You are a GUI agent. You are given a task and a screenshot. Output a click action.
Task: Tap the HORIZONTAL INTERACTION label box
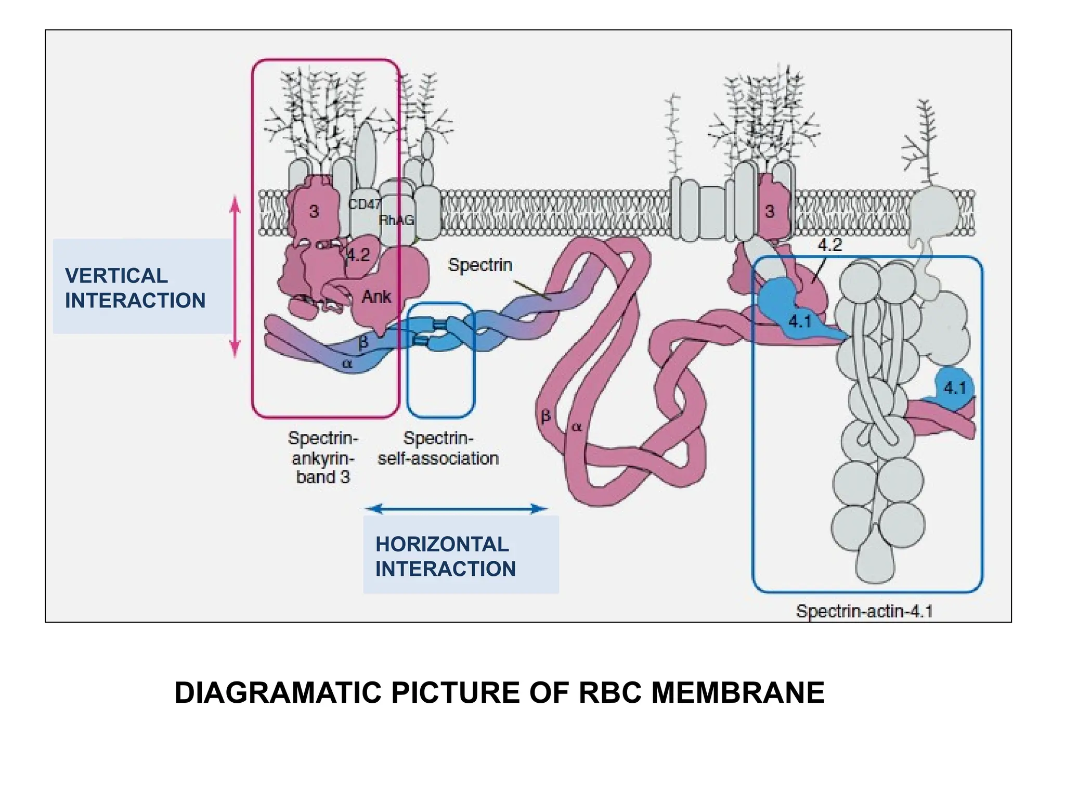tap(460, 555)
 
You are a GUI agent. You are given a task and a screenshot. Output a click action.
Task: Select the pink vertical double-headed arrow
tap(235, 276)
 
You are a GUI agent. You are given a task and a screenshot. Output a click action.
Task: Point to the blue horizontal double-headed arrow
tap(456, 508)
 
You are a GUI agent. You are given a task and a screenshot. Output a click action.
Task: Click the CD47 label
tap(364, 204)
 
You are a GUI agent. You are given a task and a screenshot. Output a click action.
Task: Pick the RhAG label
tap(397, 220)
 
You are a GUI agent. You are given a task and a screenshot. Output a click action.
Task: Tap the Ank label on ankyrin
tap(376, 297)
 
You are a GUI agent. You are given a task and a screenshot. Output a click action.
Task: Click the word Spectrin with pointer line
tap(480, 265)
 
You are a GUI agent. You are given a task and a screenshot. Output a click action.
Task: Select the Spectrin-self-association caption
tap(438, 448)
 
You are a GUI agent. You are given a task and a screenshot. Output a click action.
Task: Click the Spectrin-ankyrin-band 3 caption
tap(323, 457)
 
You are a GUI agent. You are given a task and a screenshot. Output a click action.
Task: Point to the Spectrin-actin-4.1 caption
tap(864, 611)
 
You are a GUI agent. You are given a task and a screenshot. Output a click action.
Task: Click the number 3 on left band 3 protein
tap(314, 212)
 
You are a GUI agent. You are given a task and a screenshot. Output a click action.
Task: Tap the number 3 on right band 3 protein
tap(770, 211)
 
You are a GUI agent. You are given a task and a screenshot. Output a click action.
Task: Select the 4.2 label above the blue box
tap(829, 244)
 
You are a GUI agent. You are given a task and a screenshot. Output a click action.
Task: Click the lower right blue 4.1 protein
tap(954, 388)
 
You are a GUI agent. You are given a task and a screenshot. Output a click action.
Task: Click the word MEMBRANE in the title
tap(738, 692)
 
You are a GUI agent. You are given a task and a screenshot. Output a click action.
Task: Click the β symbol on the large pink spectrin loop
tap(546, 416)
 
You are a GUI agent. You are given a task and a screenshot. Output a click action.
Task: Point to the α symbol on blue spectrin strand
tap(347, 364)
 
